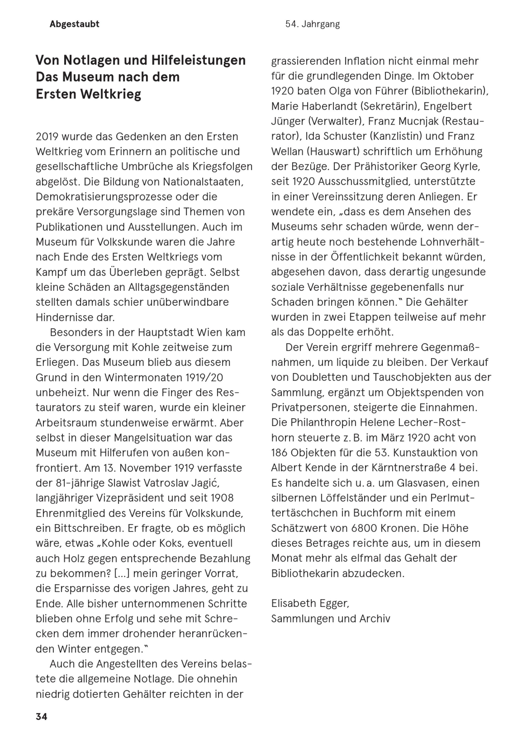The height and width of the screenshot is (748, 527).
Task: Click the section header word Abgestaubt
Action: [74, 24]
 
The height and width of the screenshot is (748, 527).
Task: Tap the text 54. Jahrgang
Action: [312, 24]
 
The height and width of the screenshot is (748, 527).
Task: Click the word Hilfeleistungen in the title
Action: [198, 60]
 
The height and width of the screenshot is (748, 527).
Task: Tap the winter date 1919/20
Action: [204, 378]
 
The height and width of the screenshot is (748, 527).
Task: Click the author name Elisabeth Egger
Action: [310, 603]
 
